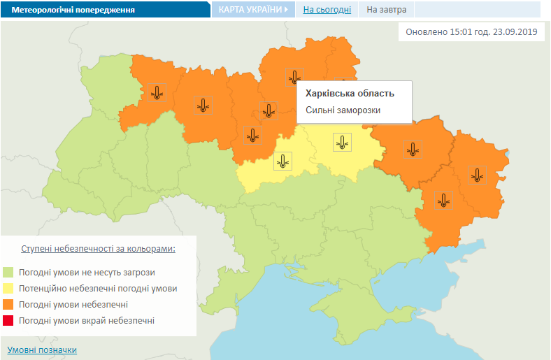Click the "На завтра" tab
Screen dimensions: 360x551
pos(386,10)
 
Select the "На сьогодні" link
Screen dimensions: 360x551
pos(327,10)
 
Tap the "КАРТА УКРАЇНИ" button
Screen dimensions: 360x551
pos(254,10)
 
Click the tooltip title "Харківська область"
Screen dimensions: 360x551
pos(350,93)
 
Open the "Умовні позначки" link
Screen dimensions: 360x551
pos(42,350)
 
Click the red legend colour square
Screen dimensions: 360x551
pos(8,320)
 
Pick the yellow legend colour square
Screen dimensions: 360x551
pos(8,288)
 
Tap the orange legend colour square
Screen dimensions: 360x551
pos(8,304)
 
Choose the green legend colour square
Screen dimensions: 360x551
pos(8,272)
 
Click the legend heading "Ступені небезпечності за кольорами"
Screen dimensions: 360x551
pos(98,249)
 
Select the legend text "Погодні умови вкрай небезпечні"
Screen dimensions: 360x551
pos(87,320)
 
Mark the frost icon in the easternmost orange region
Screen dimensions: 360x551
pos(477,175)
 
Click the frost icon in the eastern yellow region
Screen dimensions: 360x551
pos(342,142)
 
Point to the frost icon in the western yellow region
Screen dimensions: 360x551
pos(282,161)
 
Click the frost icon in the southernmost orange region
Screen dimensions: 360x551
pos(443,201)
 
